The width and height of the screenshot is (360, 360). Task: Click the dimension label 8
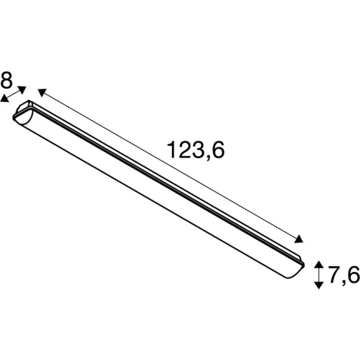[x=6, y=80]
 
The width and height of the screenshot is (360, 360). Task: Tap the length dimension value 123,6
[x=196, y=150]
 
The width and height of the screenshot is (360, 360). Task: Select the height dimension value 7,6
[x=344, y=274]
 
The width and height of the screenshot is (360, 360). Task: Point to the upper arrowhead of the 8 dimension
[x=22, y=89]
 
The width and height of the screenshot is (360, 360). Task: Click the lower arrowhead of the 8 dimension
[x=4, y=99]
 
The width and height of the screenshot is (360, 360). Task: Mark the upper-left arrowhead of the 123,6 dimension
[x=42, y=92]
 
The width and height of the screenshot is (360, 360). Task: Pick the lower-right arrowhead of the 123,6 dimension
[x=299, y=239]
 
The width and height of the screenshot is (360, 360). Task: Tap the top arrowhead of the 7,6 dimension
[x=319, y=264]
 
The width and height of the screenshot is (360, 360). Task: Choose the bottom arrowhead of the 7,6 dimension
[x=319, y=285]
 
